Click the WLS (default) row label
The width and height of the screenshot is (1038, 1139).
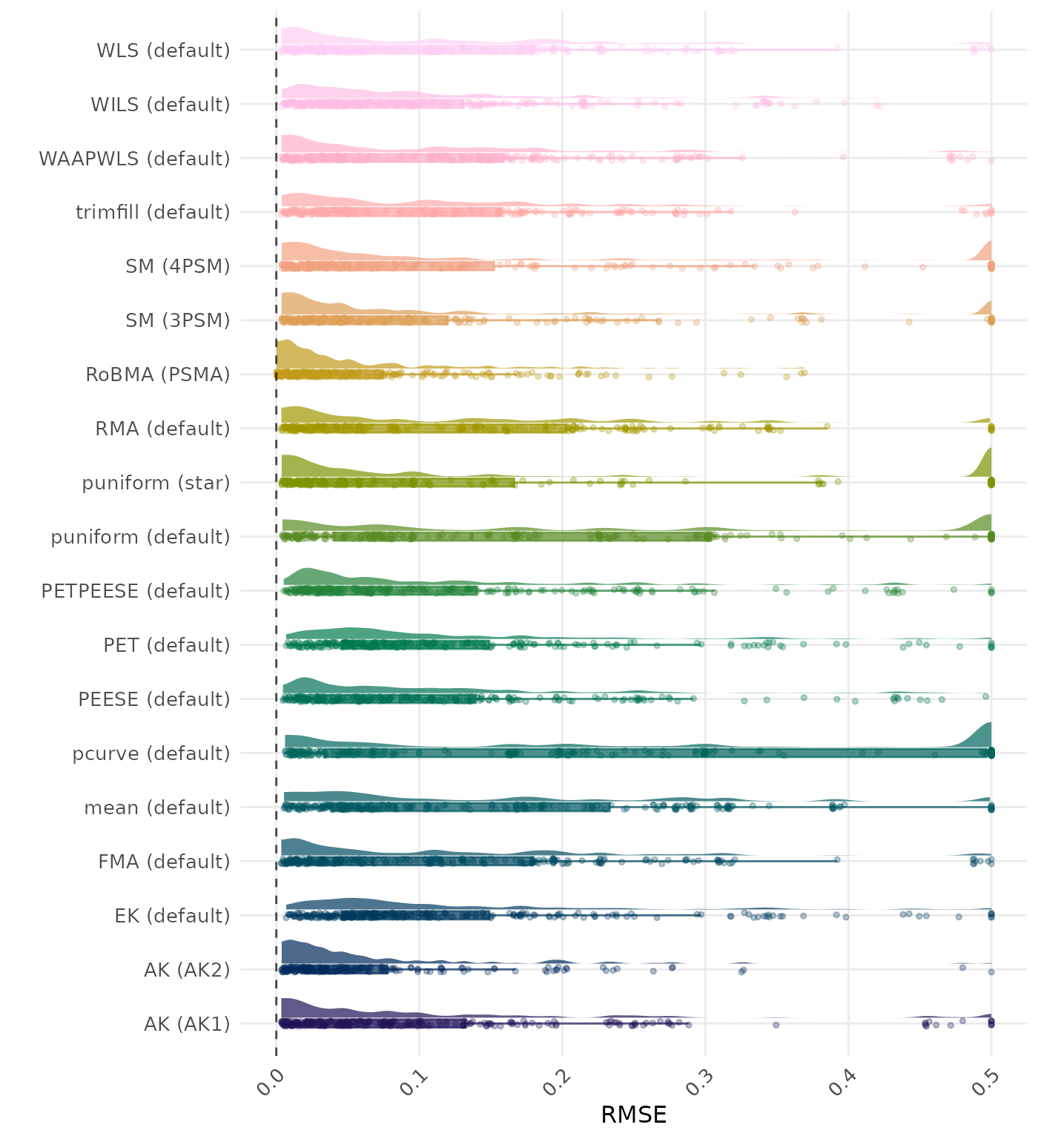163,50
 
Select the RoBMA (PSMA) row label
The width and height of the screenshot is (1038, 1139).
158,374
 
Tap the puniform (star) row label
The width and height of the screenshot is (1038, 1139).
156,483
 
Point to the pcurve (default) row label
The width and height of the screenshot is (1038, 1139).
151,753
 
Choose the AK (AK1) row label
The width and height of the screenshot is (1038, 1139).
187,1024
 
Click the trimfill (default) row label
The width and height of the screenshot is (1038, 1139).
153,212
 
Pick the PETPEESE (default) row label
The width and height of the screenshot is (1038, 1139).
136,591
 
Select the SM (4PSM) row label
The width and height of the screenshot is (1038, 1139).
178,266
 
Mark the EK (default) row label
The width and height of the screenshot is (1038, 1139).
172,916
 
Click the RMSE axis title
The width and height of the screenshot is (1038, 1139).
634,1115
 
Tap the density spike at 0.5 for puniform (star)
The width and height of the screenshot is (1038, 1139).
986,463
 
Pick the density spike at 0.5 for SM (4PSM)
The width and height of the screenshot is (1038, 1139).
987,251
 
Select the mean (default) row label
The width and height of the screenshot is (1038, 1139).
157,808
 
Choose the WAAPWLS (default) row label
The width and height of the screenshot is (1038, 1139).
134,159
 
